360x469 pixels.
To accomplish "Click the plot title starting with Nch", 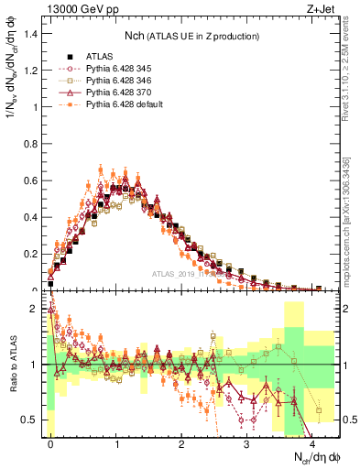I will click(x=192, y=36).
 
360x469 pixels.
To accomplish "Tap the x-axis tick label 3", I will click(x=246, y=442).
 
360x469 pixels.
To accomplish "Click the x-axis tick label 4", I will click(x=312, y=442).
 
